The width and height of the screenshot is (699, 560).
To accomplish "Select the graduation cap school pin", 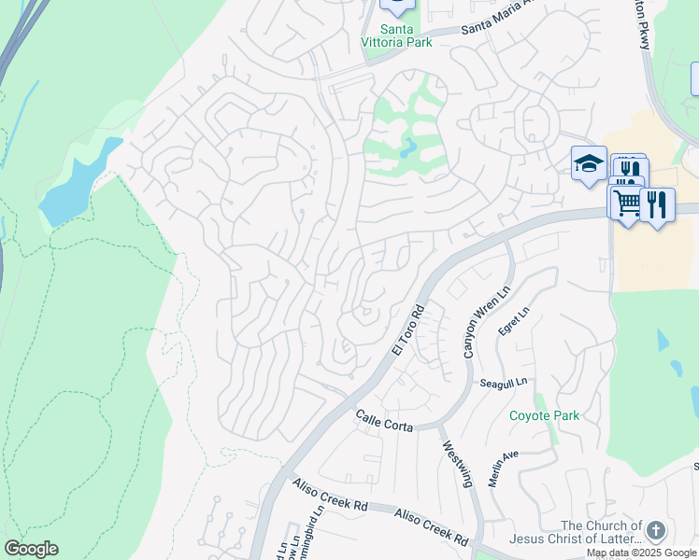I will [589, 163].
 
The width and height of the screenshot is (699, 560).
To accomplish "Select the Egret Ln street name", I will [514, 322].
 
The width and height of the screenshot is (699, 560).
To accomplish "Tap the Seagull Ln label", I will [504, 383].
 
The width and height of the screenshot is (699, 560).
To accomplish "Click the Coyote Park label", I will [544, 415].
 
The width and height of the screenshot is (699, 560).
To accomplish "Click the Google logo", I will [31, 549].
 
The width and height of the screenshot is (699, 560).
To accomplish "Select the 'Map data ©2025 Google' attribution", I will [640, 553].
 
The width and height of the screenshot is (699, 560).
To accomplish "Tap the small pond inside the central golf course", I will [409, 147].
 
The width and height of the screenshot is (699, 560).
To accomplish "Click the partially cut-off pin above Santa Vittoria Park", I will [397, 7].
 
